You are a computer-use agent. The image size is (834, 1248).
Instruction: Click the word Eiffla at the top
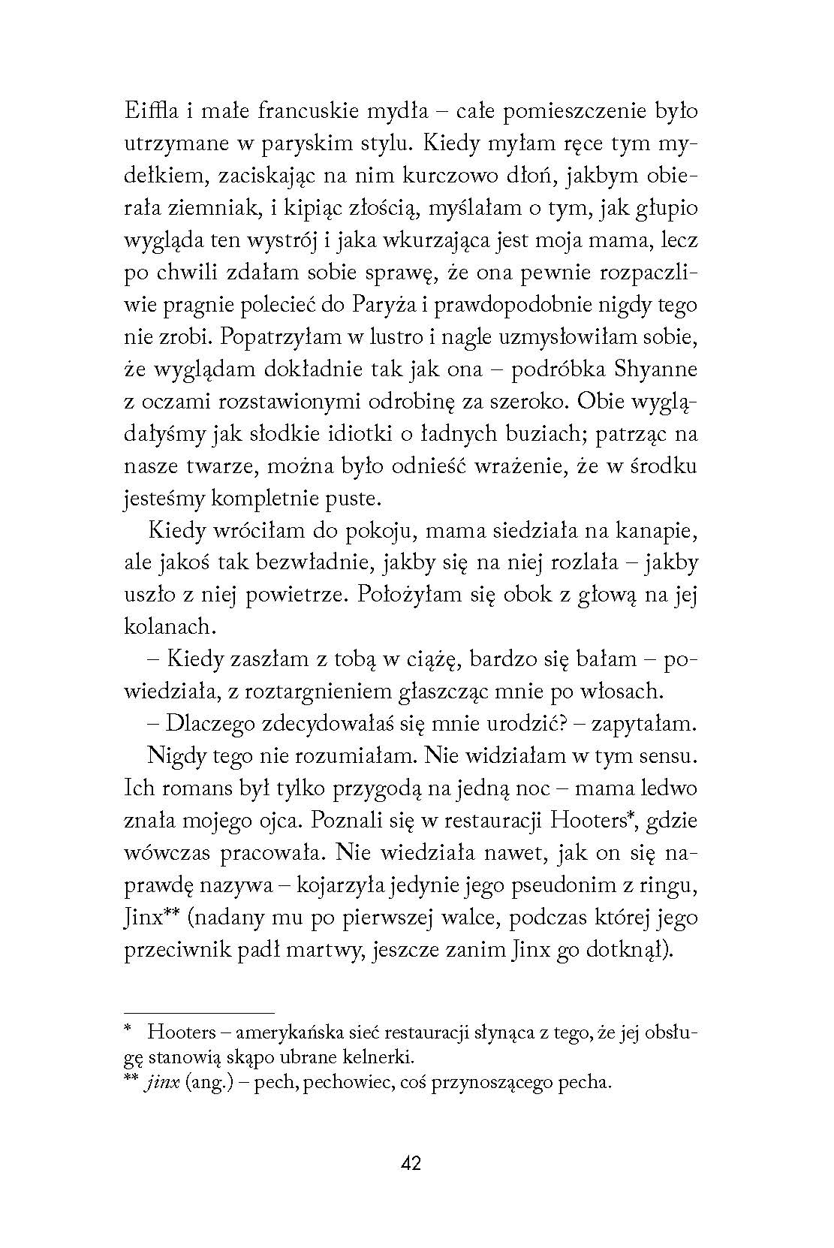coord(148,111)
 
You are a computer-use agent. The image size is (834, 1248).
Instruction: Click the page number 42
coord(411,1164)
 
